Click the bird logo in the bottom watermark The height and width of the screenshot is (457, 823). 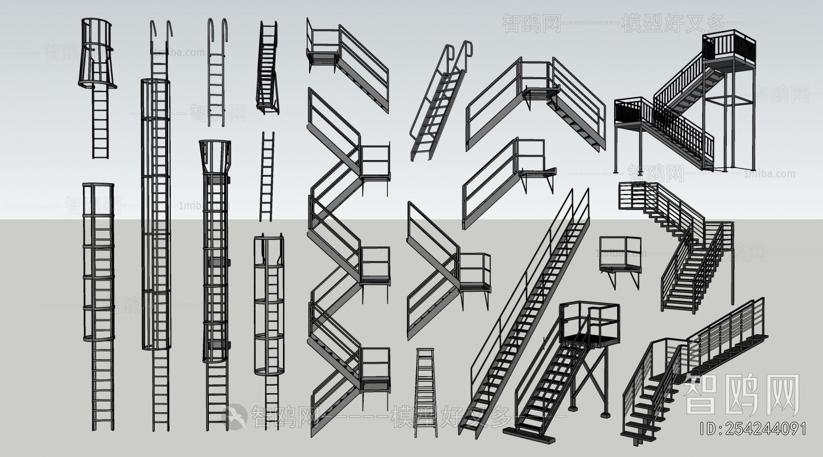(234, 414)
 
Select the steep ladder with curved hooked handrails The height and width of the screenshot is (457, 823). (440, 103)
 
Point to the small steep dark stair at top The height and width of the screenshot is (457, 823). (267, 67)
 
